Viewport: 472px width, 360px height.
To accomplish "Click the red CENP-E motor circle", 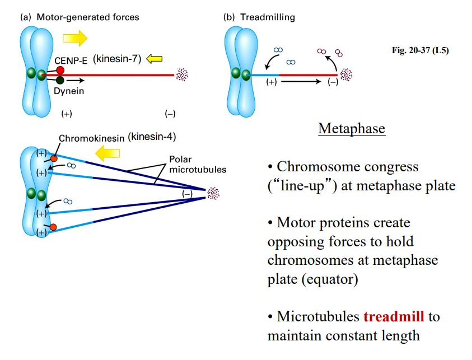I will pos(60,70).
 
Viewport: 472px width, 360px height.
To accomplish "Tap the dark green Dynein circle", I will pos(60,80).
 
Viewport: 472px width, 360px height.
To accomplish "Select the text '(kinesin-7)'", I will pos(118,58).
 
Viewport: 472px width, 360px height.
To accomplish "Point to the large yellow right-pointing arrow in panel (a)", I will pos(74,38).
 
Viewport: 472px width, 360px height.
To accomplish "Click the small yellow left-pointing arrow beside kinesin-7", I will pos(153,58).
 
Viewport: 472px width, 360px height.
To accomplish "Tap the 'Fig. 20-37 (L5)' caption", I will pos(420,50).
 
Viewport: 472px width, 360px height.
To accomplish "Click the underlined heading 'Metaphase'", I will pos(351,128).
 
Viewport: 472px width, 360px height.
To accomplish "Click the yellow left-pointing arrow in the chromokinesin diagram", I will pos(109,152).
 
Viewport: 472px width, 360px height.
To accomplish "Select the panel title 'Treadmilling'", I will pos(267,17).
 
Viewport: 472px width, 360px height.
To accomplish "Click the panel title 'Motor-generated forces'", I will pos(87,17).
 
